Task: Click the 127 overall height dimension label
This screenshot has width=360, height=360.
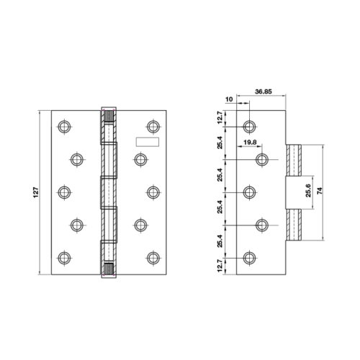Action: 36,192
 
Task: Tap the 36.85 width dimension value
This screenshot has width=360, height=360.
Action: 264,91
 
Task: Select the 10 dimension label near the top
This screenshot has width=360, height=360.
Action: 229,99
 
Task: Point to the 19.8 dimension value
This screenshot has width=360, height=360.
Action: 250,143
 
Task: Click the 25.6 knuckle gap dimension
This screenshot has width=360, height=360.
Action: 308,190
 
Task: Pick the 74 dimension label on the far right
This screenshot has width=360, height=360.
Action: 320,191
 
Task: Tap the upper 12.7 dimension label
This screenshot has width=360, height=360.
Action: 220,117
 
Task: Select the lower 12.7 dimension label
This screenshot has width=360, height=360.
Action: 220,266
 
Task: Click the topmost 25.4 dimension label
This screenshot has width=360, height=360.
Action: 220,143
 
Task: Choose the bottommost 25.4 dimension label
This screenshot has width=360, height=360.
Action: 220,240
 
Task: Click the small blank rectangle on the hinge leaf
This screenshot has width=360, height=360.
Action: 148,142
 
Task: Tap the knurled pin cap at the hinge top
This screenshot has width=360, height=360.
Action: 109,116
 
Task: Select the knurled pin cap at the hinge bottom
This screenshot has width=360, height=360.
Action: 109,269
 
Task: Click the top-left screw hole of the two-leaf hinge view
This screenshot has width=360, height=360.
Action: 64,127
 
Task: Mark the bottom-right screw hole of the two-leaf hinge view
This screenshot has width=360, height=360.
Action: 153,258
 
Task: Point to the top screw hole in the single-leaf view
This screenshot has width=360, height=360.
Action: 250,127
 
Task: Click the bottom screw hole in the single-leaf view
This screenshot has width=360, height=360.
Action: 250,258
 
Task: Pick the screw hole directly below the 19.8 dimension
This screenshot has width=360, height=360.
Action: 262,159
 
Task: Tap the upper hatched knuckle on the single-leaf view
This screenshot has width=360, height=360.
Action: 294,160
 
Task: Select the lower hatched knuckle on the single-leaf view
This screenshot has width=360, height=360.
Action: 294,225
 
